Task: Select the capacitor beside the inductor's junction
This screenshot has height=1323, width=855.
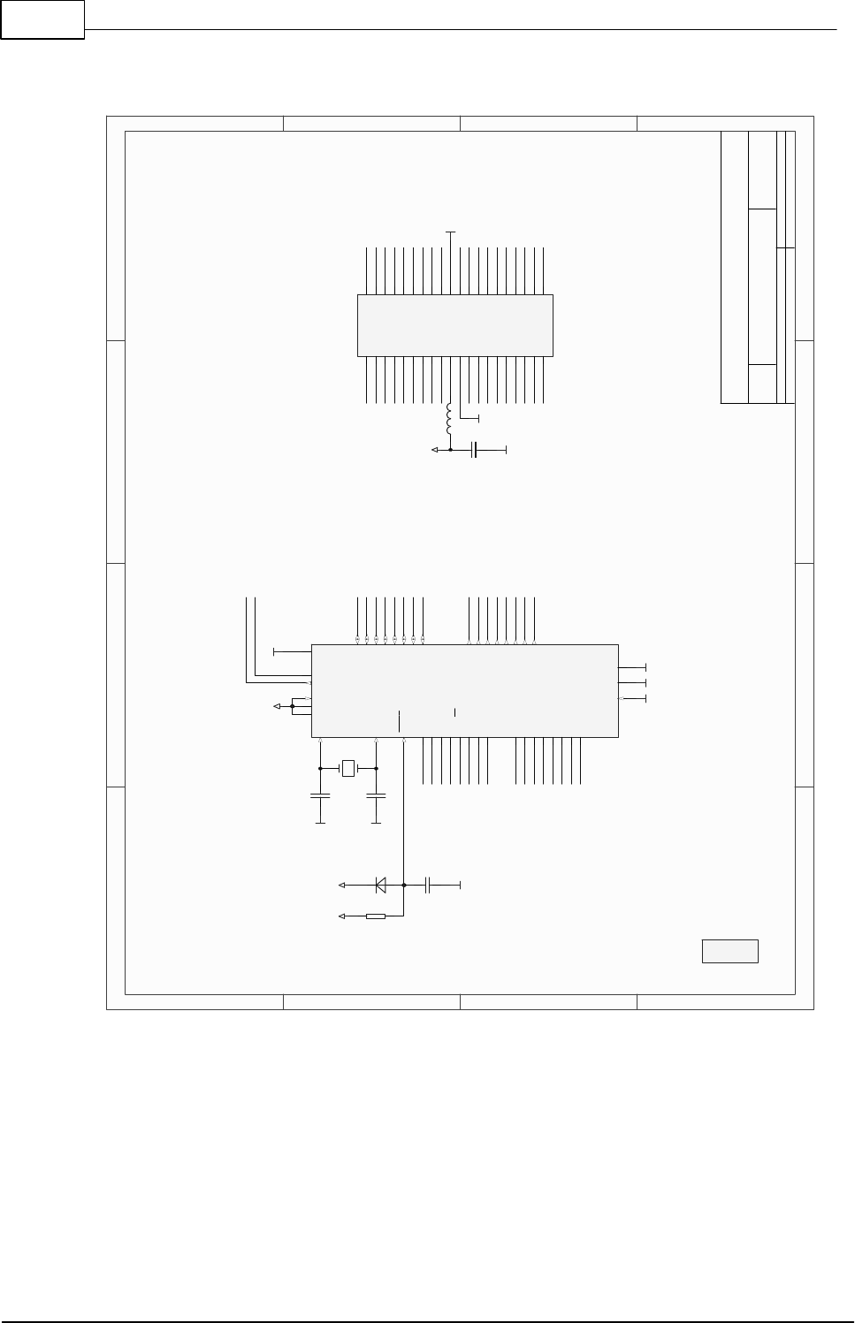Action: tap(476, 450)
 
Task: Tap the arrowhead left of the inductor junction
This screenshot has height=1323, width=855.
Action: tap(434, 450)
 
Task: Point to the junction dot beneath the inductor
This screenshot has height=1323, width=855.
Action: tap(450, 450)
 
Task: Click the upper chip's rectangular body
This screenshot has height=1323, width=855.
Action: tap(454, 325)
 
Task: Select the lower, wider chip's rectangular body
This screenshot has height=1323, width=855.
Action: tap(464, 690)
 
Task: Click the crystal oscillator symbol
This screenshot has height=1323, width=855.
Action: tap(347, 768)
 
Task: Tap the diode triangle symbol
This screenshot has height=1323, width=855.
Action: tap(381, 884)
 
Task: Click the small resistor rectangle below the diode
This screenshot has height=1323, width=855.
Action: tap(376, 916)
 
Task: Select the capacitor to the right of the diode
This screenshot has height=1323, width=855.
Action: tap(428, 884)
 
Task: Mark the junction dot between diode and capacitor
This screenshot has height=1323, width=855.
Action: tap(404, 884)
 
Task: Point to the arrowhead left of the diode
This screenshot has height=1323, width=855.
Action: tap(343, 884)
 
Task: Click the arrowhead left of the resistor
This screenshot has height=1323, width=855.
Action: tap(343, 916)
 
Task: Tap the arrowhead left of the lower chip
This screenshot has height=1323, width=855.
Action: tap(278, 706)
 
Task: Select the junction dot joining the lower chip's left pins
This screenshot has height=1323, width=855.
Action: tap(292, 706)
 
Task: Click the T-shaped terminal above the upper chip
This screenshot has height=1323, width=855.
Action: tap(451, 232)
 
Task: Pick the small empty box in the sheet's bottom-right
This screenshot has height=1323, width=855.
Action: tap(730, 951)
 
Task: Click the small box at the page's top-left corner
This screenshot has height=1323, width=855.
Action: tap(42, 19)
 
